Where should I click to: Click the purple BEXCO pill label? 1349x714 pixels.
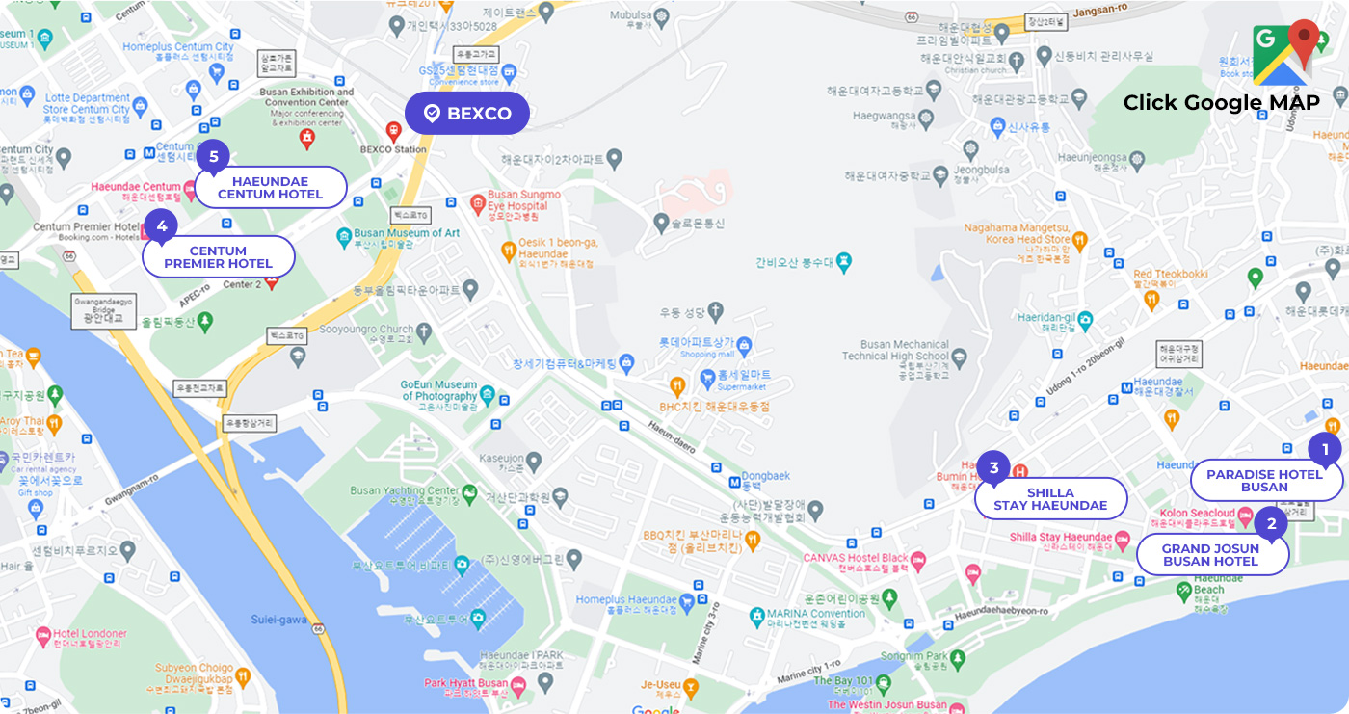(467, 113)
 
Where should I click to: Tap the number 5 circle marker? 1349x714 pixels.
(214, 156)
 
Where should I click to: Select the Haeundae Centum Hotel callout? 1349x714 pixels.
(271, 188)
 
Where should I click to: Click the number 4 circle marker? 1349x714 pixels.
(161, 226)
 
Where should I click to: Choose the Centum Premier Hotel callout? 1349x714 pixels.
(218, 257)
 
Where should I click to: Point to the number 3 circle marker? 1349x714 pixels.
(993, 468)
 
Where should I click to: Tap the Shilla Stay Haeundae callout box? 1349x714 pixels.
(1050, 499)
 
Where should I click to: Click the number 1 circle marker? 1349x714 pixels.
(1325, 449)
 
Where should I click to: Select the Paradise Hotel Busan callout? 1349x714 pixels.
(1265, 481)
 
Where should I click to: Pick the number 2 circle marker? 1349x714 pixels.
(1271, 524)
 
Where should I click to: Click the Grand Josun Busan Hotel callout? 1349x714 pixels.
(1211, 555)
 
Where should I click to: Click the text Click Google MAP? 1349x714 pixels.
(1221, 103)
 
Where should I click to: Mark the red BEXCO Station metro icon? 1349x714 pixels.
(393, 130)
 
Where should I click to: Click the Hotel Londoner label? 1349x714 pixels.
(91, 634)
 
